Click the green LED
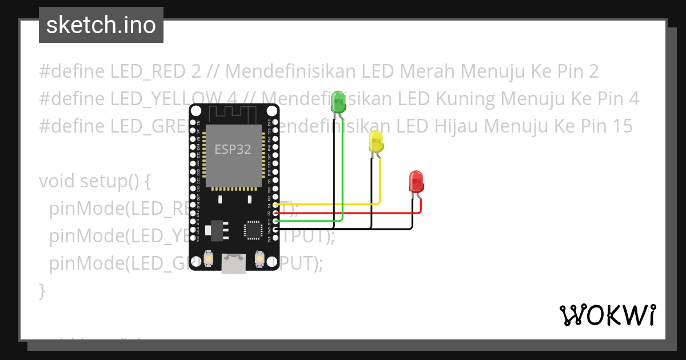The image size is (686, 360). click(338, 102)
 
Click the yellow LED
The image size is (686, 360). click(376, 141)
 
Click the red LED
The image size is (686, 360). click(416, 182)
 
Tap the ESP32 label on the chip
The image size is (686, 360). click(233, 150)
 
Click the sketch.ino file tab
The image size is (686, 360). click(101, 25)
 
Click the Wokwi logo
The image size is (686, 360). click(607, 315)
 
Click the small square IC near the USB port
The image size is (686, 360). click(252, 230)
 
